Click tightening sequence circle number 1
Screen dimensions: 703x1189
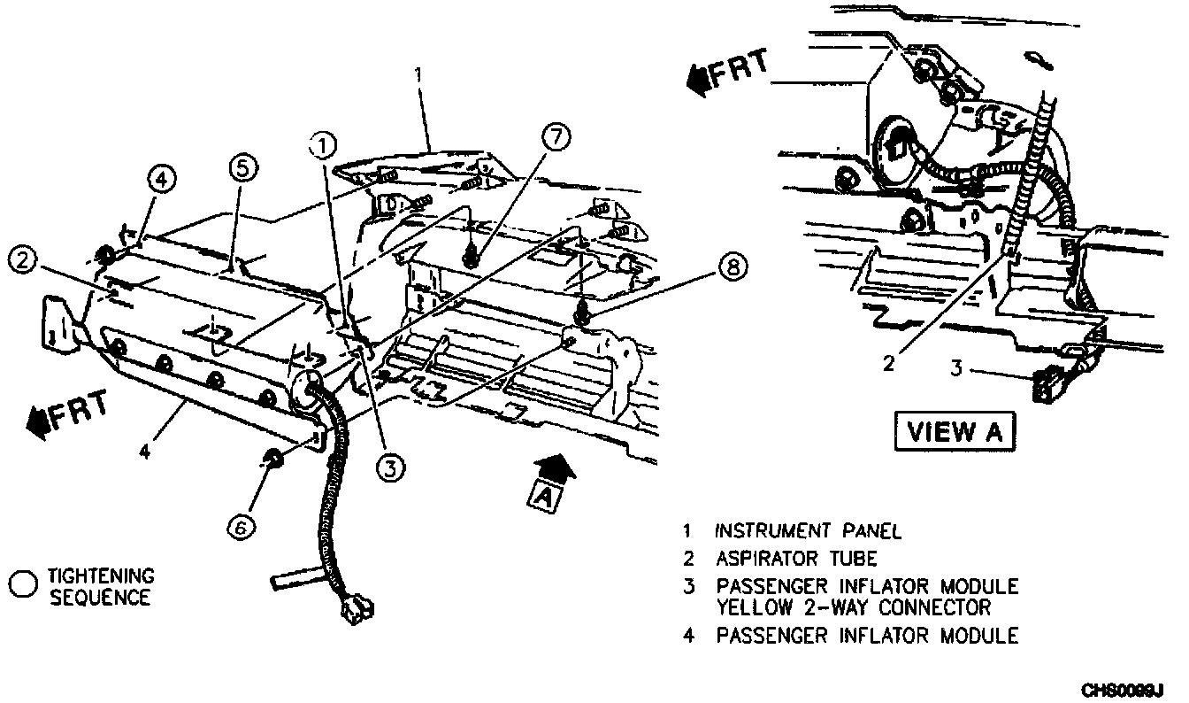tap(324, 144)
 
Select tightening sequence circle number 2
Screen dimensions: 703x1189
tap(23, 260)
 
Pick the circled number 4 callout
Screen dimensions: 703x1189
tap(162, 178)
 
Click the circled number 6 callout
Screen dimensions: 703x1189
tap(241, 527)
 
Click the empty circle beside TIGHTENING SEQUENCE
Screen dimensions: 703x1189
tap(24, 583)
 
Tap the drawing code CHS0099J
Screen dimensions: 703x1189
tap(1125, 689)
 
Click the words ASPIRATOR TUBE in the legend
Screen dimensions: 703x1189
tap(796, 559)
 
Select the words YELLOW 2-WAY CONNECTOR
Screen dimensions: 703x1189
tap(854, 607)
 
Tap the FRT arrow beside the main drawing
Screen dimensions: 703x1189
tap(68, 411)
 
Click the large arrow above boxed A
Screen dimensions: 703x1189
tap(554, 465)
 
